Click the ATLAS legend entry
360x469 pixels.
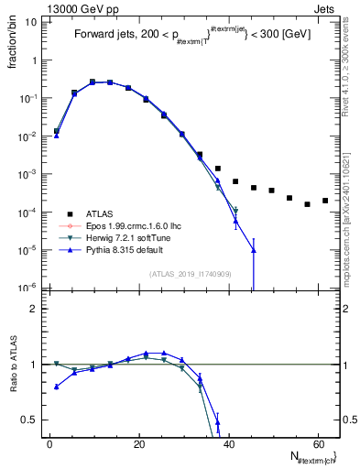(103, 213)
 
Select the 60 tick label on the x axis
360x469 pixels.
(317, 444)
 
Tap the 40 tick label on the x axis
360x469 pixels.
(227, 444)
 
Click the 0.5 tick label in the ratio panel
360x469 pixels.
(29, 420)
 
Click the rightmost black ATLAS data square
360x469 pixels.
(325, 201)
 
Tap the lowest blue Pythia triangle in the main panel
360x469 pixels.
(254, 250)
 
